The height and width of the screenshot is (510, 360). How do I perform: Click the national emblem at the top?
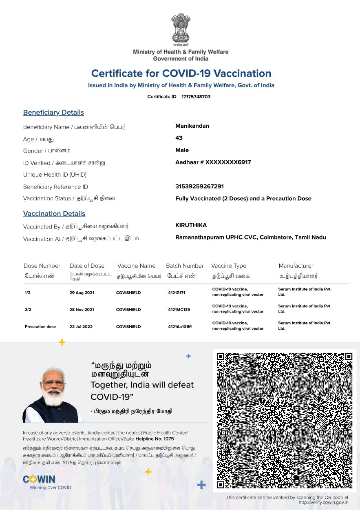click(181, 29)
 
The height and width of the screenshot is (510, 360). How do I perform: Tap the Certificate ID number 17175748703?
click(196, 97)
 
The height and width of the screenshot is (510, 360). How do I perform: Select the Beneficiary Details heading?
click(53, 113)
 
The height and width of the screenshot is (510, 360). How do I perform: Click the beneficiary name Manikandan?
click(192, 126)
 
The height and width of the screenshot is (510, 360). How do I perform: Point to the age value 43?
click(179, 138)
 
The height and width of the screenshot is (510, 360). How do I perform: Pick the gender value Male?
click(182, 150)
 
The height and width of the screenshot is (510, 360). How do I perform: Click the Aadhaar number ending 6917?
click(213, 162)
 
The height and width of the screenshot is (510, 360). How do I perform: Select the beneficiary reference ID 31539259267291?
click(199, 186)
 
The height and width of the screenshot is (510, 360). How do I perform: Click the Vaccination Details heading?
click(54, 214)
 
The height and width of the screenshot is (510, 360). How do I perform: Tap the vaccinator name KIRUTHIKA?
click(191, 225)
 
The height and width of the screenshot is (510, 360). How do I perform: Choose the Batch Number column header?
click(185, 266)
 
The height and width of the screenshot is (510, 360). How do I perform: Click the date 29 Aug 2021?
click(82, 293)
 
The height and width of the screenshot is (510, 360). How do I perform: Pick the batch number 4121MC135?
click(179, 310)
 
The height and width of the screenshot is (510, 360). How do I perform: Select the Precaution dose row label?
click(40, 327)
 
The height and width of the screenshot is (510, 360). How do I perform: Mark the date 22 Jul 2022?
click(81, 327)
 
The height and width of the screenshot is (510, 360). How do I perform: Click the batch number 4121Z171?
click(177, 293)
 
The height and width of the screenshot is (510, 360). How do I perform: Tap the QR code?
click(284, 420)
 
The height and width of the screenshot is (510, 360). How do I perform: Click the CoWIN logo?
click(39, 480)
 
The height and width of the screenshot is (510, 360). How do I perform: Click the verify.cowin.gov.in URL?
click(323, 502)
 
